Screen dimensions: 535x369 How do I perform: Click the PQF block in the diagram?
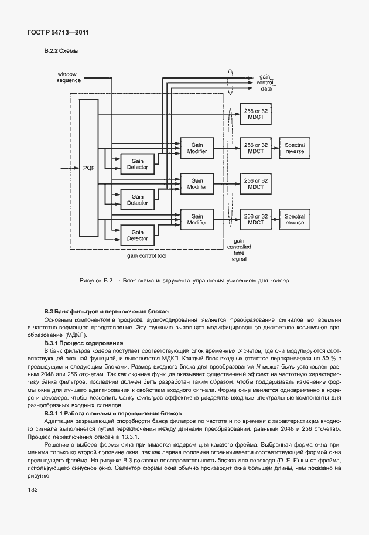pos(89,168)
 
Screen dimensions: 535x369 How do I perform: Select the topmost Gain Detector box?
pos(138,163)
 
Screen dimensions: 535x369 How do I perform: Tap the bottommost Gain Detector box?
pos(138,235)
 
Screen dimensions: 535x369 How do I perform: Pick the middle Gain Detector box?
pos(138,199)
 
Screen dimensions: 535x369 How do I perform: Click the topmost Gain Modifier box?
pos(197,148)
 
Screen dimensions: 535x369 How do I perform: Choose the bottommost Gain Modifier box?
pos(197,219)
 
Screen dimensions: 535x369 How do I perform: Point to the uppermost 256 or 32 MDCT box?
pos(255,112)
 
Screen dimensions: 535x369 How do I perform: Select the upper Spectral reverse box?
pos(295,148)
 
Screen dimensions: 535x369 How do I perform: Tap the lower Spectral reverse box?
pos(295,219)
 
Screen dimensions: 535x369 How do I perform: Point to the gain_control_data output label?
pos(266,83)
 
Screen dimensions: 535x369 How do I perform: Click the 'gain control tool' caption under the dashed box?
pos(147,256)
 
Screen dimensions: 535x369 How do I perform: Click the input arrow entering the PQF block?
pos(69,168)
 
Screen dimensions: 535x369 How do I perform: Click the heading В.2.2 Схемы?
pos(61,51)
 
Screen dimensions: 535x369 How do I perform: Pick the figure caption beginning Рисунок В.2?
pos(184,281)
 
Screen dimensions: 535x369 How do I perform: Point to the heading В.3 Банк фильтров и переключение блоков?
pos(107,311)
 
